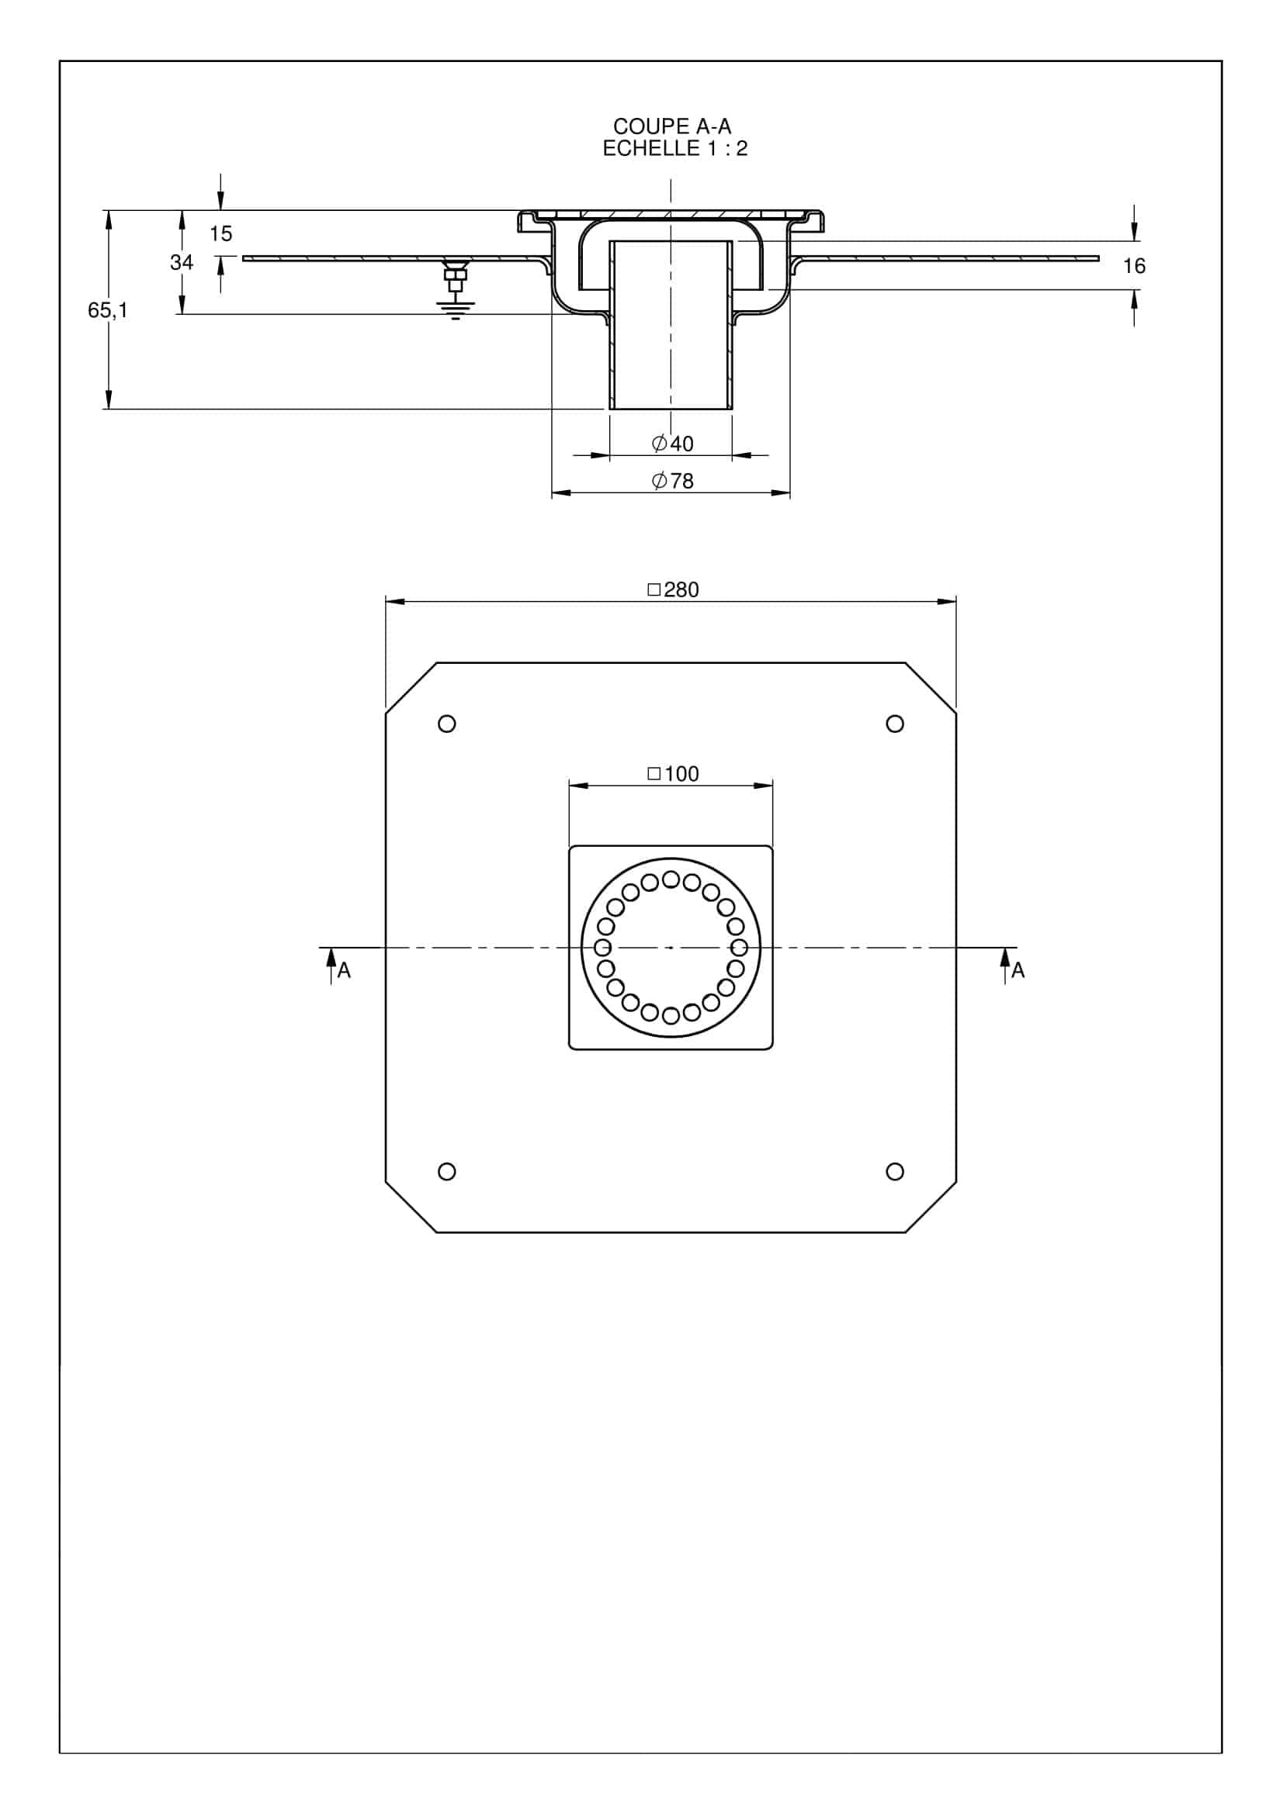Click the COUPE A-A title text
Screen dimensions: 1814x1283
coord(672,126)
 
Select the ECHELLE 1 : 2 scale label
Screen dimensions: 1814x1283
coord(674,149)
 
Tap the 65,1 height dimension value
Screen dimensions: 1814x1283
coord(108,310)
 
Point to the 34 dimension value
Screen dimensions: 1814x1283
coord(182,262)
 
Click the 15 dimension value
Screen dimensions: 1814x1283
coord(221,234)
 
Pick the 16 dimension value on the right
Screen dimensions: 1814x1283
coord(1134,266)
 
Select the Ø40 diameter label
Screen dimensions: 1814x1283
coord(673,444)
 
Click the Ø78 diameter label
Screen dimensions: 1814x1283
coord(673,480)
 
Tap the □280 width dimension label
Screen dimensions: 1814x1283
coord(673,589)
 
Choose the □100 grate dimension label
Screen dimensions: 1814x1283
coord(673,773)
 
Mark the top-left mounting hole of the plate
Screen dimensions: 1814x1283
coord(446,724)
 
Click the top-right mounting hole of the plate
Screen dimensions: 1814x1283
coord(895,724)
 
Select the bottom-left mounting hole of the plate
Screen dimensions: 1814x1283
coord(446,1171)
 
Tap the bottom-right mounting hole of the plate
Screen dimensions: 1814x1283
coord(895,1171)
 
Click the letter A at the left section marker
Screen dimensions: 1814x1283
coord(344,971)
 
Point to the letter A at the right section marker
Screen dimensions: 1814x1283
coord(1018,971)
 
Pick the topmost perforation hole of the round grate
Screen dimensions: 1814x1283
coord(671,879)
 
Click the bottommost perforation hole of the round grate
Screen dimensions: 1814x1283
coord(671,1015)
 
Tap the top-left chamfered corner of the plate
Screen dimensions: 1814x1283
coord(411,688)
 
